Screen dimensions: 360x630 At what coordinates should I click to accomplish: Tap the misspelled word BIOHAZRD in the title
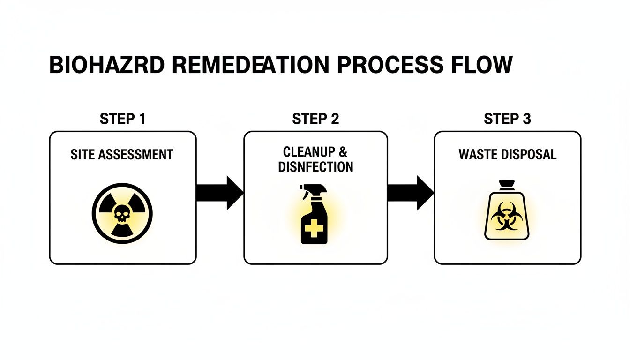(x=106, y=65)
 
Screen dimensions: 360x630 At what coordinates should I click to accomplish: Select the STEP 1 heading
(x=123, y=119)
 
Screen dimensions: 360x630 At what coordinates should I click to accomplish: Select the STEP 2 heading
(x=315, y=119)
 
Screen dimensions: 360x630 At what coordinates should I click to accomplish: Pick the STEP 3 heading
(x=507, y=119)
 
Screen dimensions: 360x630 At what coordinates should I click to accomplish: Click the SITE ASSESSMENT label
(x=122, y=154)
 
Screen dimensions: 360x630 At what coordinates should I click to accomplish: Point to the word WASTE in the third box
(x=477, y=154)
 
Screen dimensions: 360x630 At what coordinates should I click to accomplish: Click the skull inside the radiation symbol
(x=122, y=215)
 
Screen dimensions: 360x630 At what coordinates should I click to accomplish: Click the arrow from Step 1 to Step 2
(x=219, y=193)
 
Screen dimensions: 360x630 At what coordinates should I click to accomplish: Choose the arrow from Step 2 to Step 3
(x=410, y=193)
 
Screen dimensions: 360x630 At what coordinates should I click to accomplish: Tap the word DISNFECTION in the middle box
(x=315, y=166)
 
